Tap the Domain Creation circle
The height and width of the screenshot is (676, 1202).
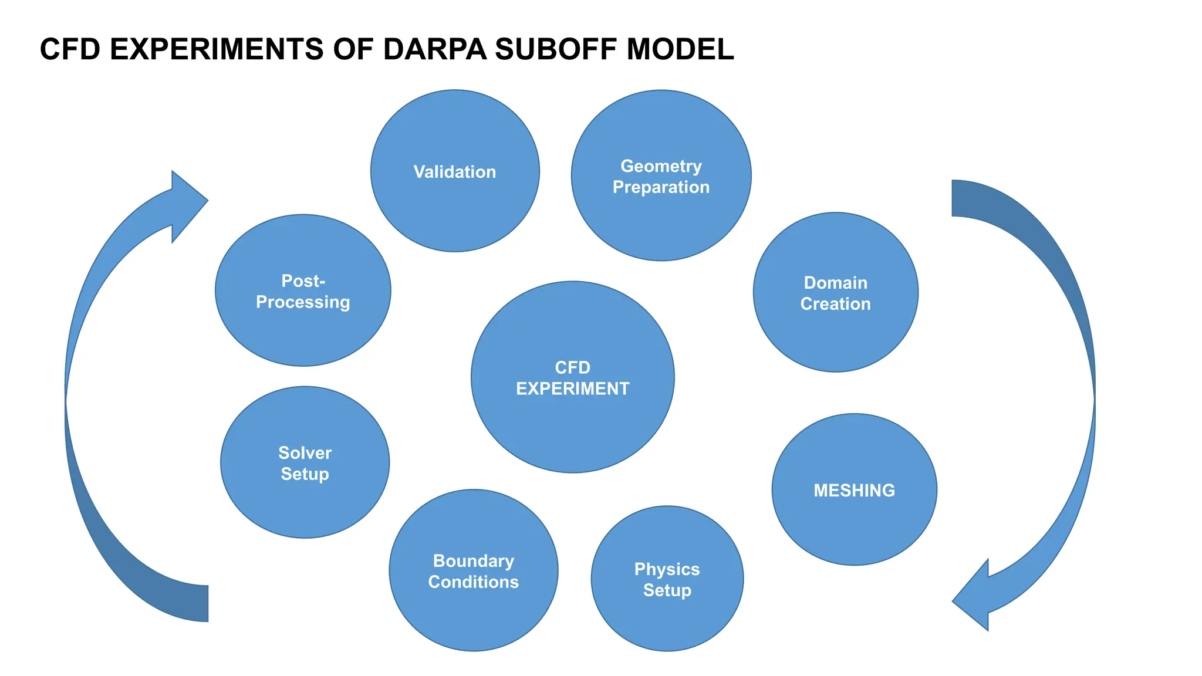pyautogui.click(x=835, y=334)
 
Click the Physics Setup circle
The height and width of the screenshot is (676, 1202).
pyautogui.click(x=667, y=616)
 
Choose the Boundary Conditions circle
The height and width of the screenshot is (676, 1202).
pyautogui.click(x=473, y=610)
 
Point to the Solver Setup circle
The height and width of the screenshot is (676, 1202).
pyautogui.click(x=305, y=499)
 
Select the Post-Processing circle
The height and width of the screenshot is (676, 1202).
pyautogui.click(x=303, y=329)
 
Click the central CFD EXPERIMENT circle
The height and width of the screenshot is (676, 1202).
pyautogui.click(x=572, y=422)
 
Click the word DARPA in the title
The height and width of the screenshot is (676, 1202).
pyautogui.click(x=434, y=49)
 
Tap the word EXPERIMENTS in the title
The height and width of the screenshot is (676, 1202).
pyautogui.click(x=216, y=49)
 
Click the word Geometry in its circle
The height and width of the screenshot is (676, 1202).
pyautogui.click(x=661, y=166)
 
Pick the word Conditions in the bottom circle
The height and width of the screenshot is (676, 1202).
pyautogui.click(x=473, y=582)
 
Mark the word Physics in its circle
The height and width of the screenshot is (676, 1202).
pyautogui.click(x=667, y=569)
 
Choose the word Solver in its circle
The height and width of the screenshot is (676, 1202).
pyautogui.click(x=305, y=453)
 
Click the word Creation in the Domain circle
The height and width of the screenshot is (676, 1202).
pyautogui.click(x=835, y=304)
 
